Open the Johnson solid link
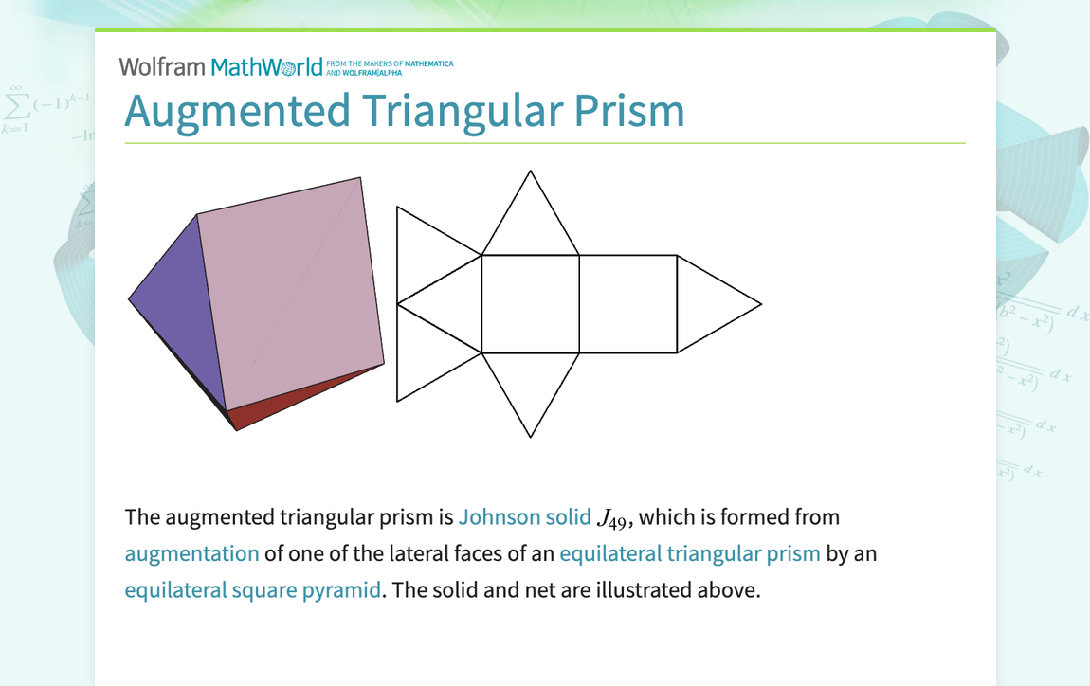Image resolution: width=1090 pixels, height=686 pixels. (x=524, y=517)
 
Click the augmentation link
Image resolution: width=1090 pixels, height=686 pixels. (x=191, y=553)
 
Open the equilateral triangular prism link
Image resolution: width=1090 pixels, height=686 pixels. (x=689, y=553)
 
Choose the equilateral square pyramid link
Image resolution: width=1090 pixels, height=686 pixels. (x=252, y=589)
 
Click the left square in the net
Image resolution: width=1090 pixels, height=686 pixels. (x=530, y=304)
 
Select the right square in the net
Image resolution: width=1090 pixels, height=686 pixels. (x=627, y=304)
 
